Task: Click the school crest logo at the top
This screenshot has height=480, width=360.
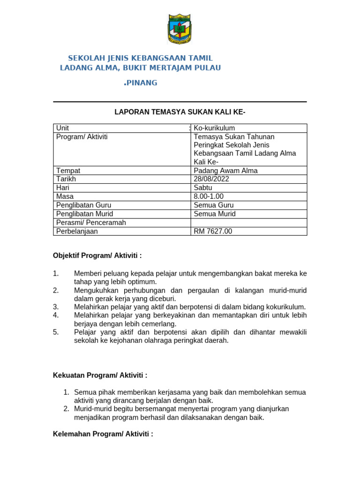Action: pos(180,30)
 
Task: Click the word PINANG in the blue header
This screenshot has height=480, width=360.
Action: pos(142,83)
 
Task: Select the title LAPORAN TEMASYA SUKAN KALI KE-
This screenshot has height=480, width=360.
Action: pos(180,112)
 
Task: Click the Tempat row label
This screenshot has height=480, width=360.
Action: pos(68,170)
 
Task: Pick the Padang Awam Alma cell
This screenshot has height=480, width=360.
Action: pos(225,170)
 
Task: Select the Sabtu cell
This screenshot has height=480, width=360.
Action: pos(203,187)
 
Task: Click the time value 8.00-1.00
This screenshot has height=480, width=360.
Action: pos(209,196)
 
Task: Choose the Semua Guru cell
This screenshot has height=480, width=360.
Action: pos(213,205)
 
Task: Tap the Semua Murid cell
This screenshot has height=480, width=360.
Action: pos(215,214)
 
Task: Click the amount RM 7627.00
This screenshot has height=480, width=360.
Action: pos(213,231)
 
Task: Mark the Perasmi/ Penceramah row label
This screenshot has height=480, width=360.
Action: pos(91,223)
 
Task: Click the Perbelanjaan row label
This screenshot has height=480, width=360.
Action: pos(77,231)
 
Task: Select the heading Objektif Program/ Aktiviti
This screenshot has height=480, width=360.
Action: pos(97,255)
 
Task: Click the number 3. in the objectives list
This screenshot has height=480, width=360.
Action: pos(56,307)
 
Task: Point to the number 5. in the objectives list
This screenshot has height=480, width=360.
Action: pos(56,332)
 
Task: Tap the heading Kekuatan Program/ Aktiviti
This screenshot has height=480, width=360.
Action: pos(100,375)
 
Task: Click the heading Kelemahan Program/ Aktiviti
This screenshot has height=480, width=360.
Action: pos(103,434)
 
